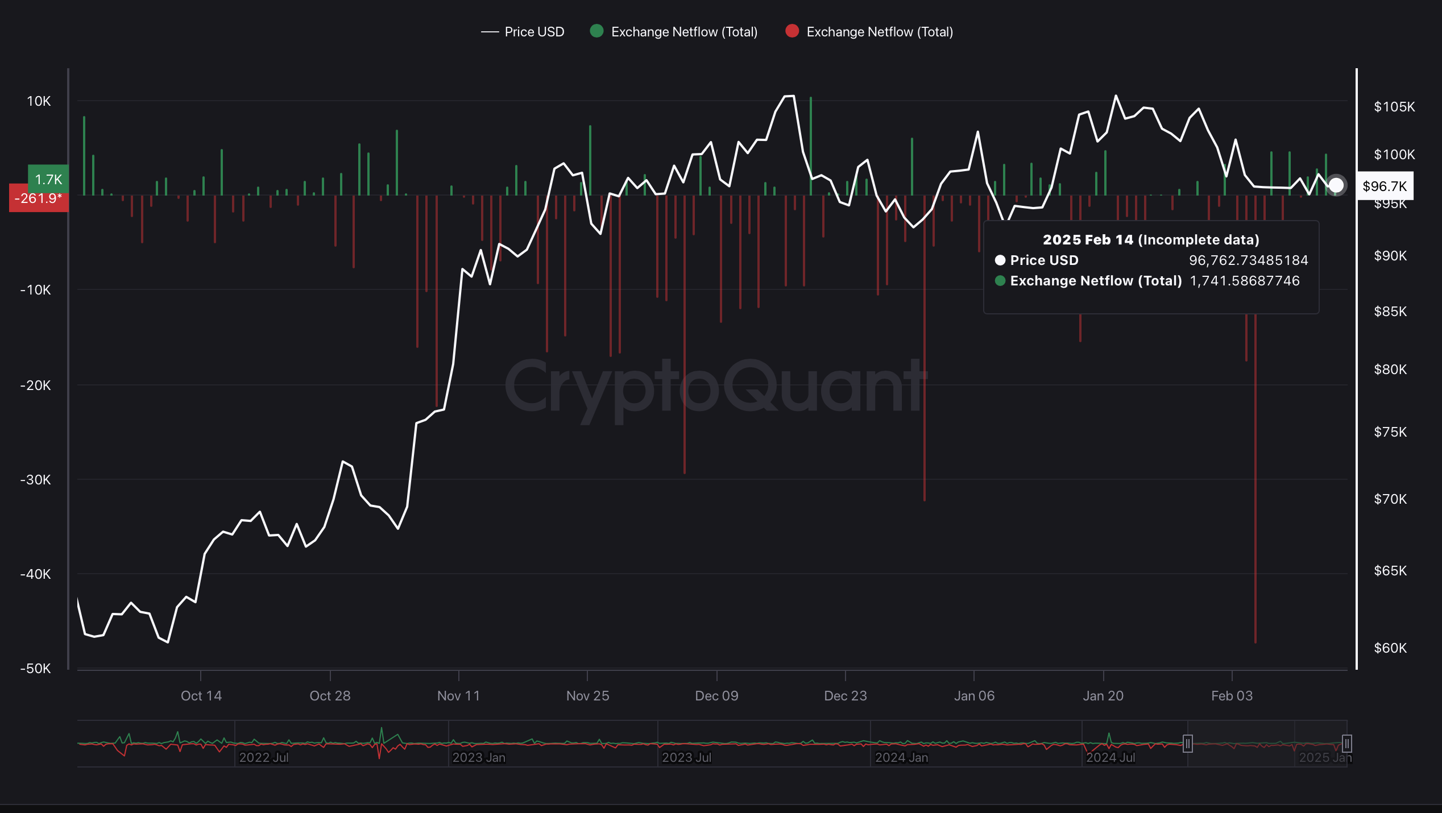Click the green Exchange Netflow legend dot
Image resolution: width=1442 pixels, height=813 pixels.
pyautogui.click(x=596, y=31)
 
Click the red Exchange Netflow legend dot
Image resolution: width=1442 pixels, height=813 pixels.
pyautogui.click(x=792, y=31)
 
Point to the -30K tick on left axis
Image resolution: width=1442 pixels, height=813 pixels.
pyautogui.click(x=36, y=480)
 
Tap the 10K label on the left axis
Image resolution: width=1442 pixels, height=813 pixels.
pyautogui.click(x=39, y=101)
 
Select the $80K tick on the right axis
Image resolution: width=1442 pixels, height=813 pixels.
pyautogui.click(x=1390, y=370)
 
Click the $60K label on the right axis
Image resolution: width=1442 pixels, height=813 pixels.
pyautogui.click(x=1390, y=648)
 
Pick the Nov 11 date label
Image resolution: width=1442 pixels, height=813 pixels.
pyautogui.click(x=458, y=696)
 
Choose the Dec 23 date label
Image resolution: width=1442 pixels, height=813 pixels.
pyautogui.click(x=845, y=696)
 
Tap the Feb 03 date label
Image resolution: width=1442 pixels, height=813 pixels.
pyautogui.click(x=1232, y=696)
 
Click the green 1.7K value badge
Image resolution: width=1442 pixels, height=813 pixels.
pyautogui.click(x=48, y=180)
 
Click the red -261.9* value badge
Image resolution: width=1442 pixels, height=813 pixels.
pyautogui.click(x=38, y=198)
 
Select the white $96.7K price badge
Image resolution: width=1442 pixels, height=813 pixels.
pyautogui.click(x=1385, y=186)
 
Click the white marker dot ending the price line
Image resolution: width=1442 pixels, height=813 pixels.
pyautogui.click(x=1336, y=185)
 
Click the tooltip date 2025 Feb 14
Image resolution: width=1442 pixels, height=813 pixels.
pyautogui.click(x=1150, y=240)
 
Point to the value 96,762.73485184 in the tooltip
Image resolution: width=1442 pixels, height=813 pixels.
pyautogui.click(x=1248, y=260)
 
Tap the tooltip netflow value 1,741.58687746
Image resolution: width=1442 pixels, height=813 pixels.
pyautogui.click(x=1244, y=281)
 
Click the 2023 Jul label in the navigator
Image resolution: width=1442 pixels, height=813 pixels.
pyautogui.click(x=686, y=757)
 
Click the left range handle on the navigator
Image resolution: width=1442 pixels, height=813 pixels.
pyautogui.click(x=1187, y=744)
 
